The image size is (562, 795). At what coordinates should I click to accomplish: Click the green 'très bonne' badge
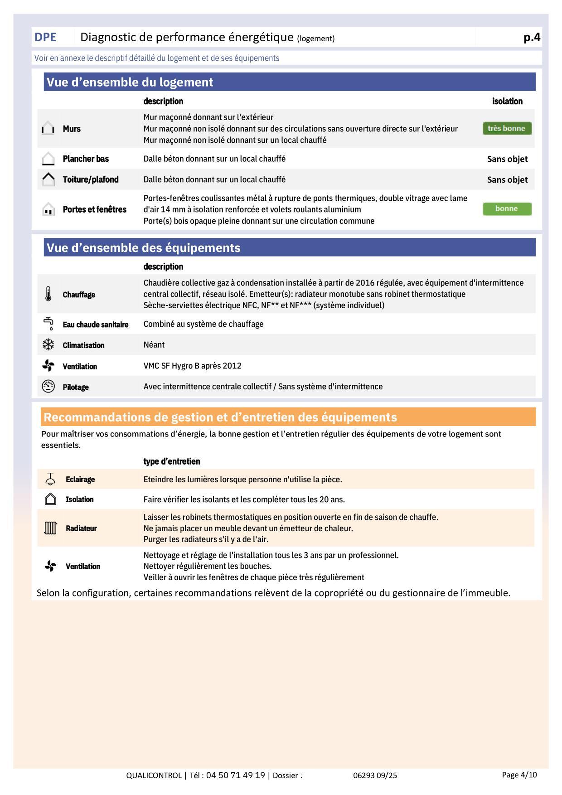507,128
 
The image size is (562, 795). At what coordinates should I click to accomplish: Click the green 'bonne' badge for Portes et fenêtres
507,208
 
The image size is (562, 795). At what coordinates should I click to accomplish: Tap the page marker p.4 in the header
532,37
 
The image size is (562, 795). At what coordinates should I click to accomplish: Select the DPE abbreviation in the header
45,37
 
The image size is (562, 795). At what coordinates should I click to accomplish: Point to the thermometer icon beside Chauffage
48,294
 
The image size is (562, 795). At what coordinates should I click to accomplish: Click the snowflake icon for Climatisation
48,345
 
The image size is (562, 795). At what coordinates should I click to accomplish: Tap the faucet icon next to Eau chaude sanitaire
48,324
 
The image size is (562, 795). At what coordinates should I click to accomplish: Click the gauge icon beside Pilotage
48,387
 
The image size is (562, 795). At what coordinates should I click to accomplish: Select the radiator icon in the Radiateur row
50,528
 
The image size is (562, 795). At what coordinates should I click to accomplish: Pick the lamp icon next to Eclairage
50,479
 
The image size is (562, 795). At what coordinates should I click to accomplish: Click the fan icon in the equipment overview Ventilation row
48,366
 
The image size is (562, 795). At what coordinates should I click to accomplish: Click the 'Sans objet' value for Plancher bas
507,159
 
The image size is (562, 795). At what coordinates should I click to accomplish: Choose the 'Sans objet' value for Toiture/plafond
507,179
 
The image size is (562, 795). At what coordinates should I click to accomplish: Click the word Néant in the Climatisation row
154,344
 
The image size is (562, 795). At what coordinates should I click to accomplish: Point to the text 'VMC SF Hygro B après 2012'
192,366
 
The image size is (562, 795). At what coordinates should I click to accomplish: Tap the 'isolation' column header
507,101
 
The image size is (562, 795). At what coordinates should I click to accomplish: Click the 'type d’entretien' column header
171,461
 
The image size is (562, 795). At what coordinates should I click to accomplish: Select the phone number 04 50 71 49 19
235,775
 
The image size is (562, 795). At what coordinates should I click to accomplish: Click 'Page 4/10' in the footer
519,775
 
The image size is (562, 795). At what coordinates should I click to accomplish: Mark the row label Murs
72,129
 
